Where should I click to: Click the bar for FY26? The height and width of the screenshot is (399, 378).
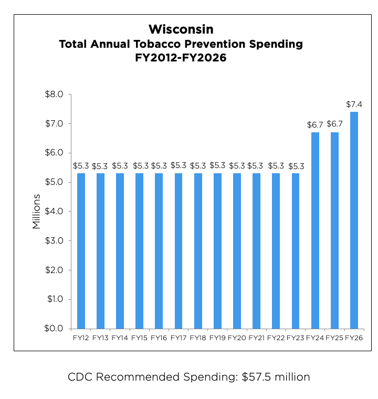(x=354, y=220)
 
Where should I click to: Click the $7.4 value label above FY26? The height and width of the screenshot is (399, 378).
(x=354, y=104)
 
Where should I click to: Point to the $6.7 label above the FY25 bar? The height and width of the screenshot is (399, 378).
(x=334, y=124)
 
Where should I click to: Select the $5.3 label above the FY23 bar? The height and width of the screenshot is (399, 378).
(x=296, y=166)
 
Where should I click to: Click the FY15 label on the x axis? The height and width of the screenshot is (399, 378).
(x=139, y=338)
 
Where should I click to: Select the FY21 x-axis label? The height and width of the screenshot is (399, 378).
(x=256, y=338)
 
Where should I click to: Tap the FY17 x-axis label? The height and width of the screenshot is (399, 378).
(x=178, y=338)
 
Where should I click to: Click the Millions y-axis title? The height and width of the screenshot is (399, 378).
(x=36, y=212)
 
